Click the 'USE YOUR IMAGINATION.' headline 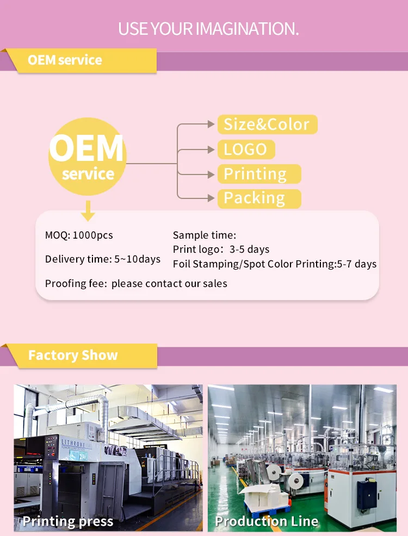pos(209,29)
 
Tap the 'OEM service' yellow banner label pos(65,60)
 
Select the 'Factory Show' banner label pos(73,356)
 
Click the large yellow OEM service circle pos(88,158)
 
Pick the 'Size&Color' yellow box pos(267,124)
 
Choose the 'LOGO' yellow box pos(246,149)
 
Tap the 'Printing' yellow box pos(258,174)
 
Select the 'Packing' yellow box pos(258,198)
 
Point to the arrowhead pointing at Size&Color pos(211,124)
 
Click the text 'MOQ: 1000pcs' pos(79,235)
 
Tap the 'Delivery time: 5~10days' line pos(103,259)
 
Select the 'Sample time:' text pos(205,235)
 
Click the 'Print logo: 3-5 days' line pos(221,250)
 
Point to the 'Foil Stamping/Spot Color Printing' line pos(275,264)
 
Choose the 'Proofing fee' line pos(136,284)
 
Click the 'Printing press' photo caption pos(68,522)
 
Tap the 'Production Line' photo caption pos(267,522)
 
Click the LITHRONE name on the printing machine pos(76,441)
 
